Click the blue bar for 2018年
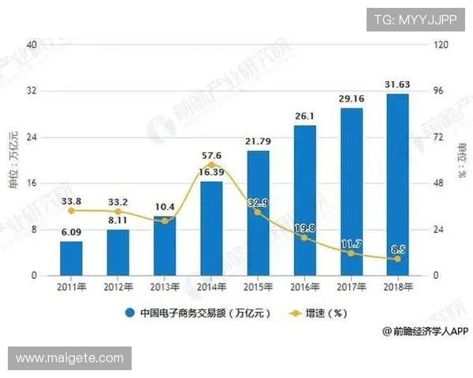click(x=398, y=185)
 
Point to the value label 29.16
click(x=352, y=100)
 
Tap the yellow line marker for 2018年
click(x=398, y=259)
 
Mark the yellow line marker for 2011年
click(x=71, y=211)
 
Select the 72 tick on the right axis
click(x=438, y=137)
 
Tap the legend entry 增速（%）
click(x=315, y=313)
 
